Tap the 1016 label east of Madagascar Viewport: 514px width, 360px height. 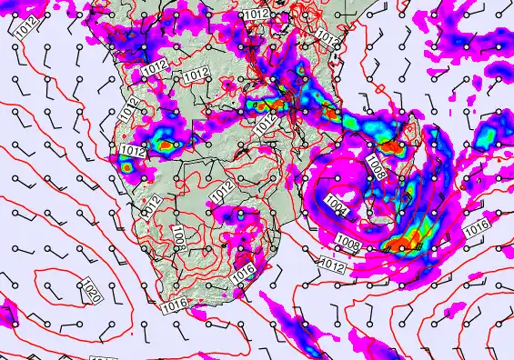[x=473, y=230]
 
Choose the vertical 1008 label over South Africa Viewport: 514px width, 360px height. [x=179, y=238]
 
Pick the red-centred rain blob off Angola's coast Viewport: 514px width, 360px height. [x=125, y=165]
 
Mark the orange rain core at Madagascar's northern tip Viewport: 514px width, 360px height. [x=389, y=145]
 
